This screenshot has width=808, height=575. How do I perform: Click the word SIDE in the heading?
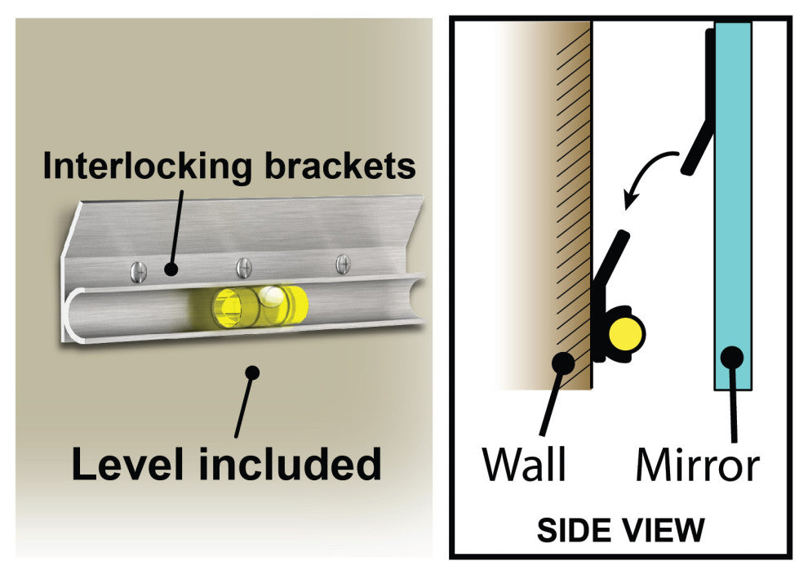coord(573,531)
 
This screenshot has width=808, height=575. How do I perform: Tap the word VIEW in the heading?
coord(662,531)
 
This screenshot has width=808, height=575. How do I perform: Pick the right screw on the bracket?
coord(344,263)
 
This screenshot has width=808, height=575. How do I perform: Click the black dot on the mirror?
coord(731,356)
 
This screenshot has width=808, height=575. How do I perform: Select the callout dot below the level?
coord(252,373)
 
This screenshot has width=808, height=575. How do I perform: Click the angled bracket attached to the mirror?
coord(698,147)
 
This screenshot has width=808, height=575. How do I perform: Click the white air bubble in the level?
coord(272,298)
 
